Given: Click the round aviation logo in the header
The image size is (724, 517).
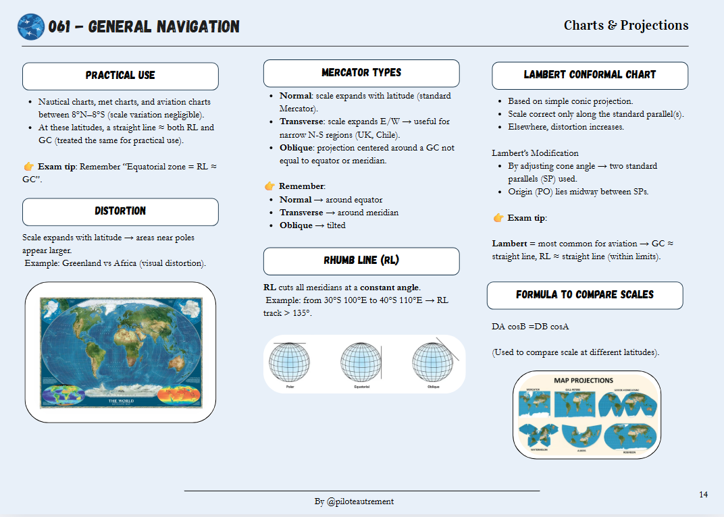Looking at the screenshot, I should coord(31,27).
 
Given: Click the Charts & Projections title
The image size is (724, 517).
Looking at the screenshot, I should coord(626,26).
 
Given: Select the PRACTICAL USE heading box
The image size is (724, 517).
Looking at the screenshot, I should coord(120,76).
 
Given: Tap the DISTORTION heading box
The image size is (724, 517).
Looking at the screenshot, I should coord(120,211).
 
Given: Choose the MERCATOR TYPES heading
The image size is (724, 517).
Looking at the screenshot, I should coord(361,73).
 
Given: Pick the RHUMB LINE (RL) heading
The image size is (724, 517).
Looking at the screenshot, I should coord(361,261).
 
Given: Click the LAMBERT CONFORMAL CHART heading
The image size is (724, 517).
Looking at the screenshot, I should coord(590,75).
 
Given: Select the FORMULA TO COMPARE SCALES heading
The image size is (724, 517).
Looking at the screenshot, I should coord(585,295).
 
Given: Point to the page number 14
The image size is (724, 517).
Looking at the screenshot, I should coord(704,495).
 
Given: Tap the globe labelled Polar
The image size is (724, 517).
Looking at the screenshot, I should coord(290,362).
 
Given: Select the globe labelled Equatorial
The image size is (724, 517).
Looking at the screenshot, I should coord(361,362).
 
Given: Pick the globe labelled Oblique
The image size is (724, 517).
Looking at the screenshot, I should coord(433,362).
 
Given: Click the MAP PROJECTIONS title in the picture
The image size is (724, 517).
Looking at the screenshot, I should coord(584,381).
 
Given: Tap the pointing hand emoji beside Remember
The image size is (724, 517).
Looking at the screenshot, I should coord(269,186).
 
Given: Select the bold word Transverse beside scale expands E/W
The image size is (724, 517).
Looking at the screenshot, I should coord(301,121).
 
